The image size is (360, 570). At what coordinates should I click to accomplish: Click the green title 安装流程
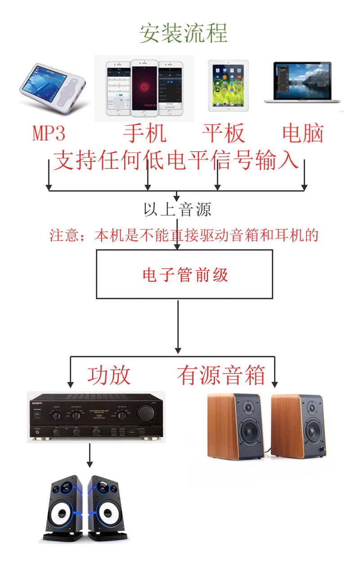tap(183, 34)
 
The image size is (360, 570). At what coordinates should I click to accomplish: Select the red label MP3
tap(49, 133)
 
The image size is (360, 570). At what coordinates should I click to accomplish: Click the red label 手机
tap(145, 133)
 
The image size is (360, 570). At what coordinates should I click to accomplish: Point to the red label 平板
tap(223, 133)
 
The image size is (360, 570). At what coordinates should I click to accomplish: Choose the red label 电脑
tap(303, 133)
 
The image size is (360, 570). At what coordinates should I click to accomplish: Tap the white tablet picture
tap(228, 86)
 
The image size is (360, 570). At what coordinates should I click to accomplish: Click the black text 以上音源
tap(177, 209)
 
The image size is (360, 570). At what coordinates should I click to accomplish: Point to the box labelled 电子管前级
tap(184, 274)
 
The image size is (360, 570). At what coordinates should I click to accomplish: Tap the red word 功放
tap(109, 375)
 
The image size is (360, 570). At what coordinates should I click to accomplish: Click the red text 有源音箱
tap(221, 375)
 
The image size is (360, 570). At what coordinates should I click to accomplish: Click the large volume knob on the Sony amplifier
tap(146, 412)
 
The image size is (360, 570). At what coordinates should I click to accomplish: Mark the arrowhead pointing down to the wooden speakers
tap(274, 384)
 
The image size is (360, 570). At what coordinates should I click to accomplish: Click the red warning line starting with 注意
tap(184, 235)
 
